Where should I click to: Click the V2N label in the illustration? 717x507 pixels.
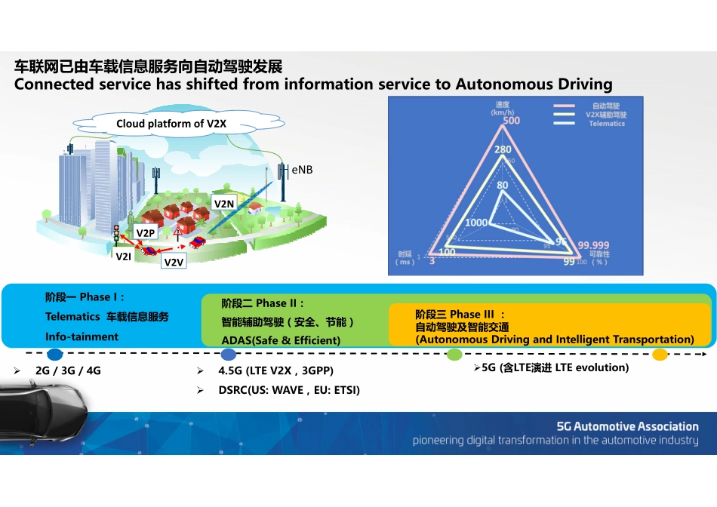pyautogui.click(x=224, y=204)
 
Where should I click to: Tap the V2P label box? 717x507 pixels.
pyautogui.click(x=146, y=233)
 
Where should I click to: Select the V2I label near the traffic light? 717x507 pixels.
pyautogui.click(x=123, y=257)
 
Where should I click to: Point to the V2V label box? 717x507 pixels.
pyautogui.click(x=174, y=262)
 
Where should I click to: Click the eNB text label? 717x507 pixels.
pyautogui.click(x=302, y=171)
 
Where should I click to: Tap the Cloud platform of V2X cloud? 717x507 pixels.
pyautogui.click(x=171, y=124)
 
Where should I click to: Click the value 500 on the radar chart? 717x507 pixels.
pyautogui.click(x=511, y=121)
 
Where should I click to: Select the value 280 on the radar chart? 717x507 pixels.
pyautogui.click(x=503, y=150)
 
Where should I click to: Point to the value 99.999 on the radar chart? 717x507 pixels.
pyautogui.click(x=593, y=245)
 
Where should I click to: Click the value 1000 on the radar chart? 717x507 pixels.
pyautogui.click(x=476, y=223)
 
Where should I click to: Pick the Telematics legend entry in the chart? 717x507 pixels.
pyautogui.click(x=607, y=124)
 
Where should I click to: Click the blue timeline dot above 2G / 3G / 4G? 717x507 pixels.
pyautogui.click(x=54, y=354)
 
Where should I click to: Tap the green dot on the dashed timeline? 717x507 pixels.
pyautogui.click(x=454, y=355)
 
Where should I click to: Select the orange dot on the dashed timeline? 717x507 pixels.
pyautogui.click(x=660, y=355)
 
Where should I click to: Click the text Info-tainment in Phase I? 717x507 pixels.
pyautogui.click(x=82, y=336)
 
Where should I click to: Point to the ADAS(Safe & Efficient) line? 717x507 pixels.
pyautogui.click(x=280, y=340)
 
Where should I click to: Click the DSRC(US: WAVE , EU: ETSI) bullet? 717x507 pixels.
pyautogui.click(x=289, y=390)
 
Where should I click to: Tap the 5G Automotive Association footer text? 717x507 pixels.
pyautogui.click(x=627, y=426)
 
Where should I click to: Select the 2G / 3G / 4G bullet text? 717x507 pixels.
pyautogui.click(x=68, y=371)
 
